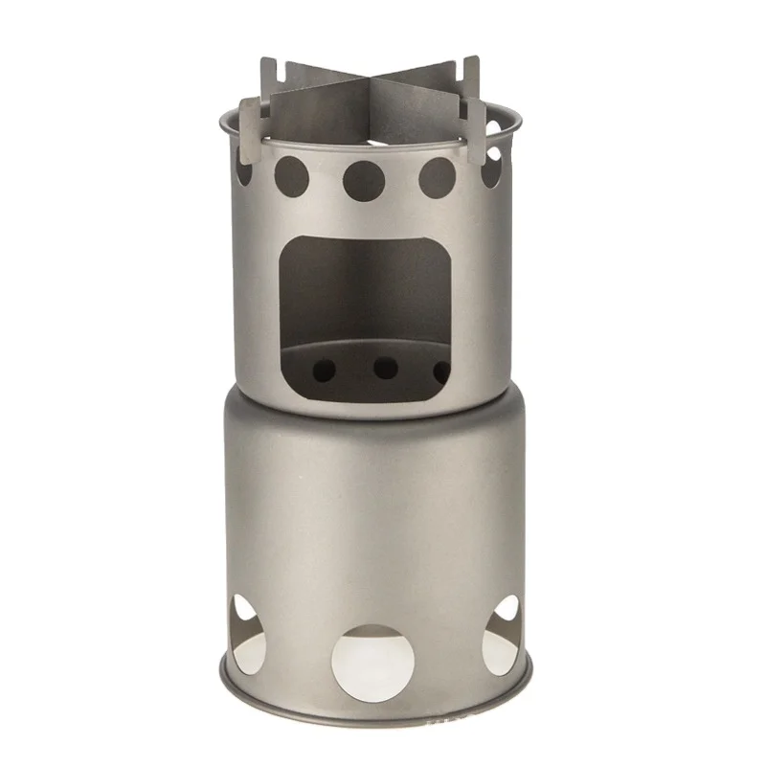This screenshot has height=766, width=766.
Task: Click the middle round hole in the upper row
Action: point(364,178)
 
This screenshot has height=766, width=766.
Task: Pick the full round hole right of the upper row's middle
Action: point(438,177)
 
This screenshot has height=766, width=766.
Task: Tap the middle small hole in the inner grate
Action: point(385,368)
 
